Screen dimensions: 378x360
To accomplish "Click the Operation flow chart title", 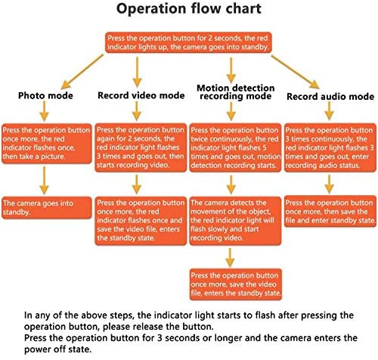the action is [189, 8].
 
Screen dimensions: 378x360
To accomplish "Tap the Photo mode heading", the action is [45, 95].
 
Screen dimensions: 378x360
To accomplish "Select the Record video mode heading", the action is [141, 95].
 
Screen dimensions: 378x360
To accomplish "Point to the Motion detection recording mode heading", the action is [236, 92].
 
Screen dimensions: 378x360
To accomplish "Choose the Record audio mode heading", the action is [330, 96].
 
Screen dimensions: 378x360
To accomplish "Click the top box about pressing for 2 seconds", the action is [188, 42].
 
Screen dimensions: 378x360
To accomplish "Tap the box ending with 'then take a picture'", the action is [47, 144].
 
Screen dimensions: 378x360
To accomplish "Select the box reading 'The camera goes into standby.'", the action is [47, 208].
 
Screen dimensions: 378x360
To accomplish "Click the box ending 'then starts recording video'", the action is [141, 147].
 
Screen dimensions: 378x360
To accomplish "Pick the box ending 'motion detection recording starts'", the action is [235, 147].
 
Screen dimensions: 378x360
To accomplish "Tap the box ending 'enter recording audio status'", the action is [330, 147].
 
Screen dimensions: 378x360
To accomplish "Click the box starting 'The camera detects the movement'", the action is [235, 221].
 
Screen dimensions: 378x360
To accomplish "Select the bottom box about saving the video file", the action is [236, 284].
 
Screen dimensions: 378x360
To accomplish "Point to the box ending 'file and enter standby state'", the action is [330, 211].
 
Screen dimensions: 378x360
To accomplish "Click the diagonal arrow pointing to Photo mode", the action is [82, 71].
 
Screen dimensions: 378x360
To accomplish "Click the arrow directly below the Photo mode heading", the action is [44, 111].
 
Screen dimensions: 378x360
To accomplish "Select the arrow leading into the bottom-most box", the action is [230, 258].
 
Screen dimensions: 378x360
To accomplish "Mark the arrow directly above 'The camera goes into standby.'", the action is [44, 180].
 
